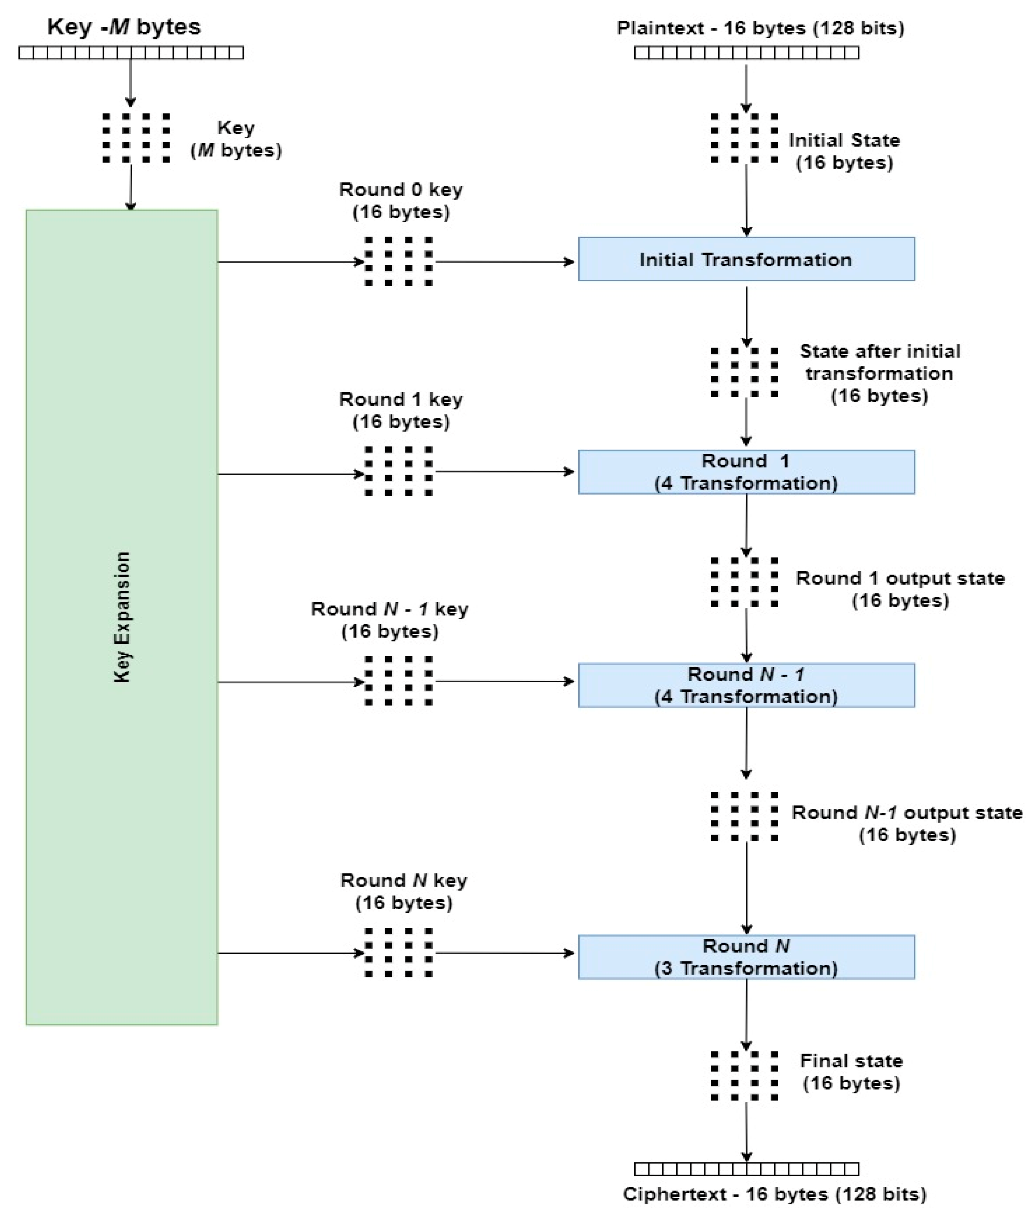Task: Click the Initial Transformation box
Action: click(746, 259)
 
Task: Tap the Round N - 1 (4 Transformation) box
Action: click(746, 685)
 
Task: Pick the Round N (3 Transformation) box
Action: click(746, 957)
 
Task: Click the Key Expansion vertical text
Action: click(121, 617)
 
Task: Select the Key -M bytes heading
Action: click(124, 27)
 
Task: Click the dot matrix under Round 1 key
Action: click(399, 471)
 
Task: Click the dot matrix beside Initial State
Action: click(745, 138)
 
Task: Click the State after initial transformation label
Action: click(880, 373)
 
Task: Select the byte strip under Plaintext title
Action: click(746, 53)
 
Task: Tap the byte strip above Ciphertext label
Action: click(746, 1169)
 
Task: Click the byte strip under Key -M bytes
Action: click(131, 53)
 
